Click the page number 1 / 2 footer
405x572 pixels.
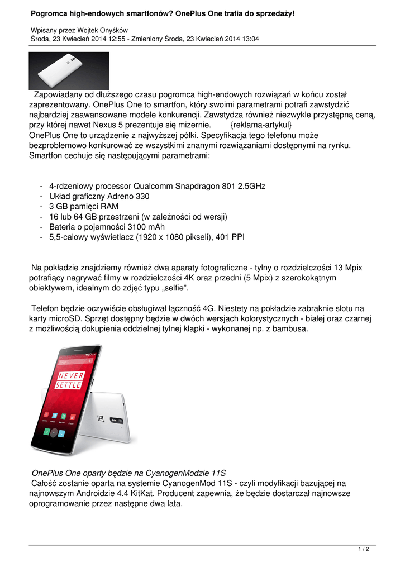[x=364, y=550]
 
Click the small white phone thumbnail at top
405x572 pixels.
[x=69, y=71]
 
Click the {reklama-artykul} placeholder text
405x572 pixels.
[x=261, y=125]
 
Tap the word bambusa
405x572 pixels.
[x=288, y=328]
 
